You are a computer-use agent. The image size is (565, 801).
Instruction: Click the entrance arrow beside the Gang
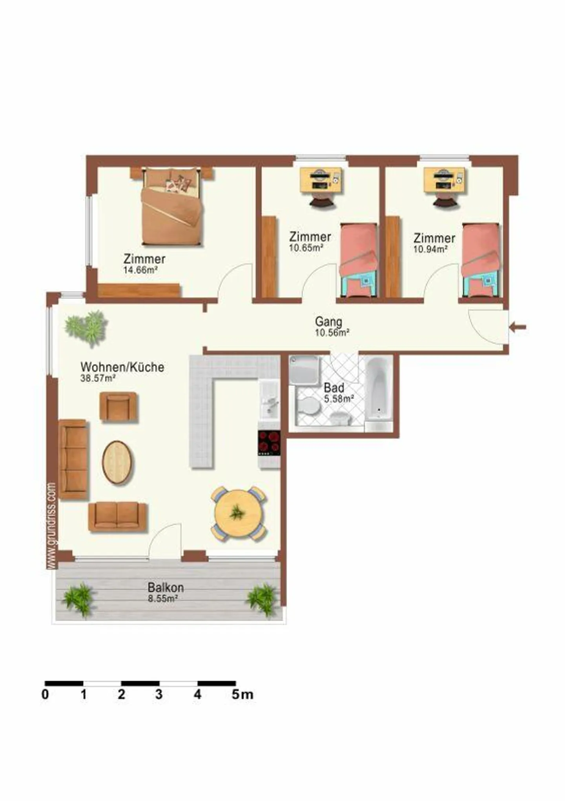[x=518, y=327]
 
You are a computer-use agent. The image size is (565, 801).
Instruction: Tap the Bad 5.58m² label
[x=338, y=393]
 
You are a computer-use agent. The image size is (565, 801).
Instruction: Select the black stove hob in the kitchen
[x=269, y=443]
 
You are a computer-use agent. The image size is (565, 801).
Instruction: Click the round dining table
[x=238, y=514]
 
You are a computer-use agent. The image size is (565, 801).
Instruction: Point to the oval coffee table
[x=117, y=463]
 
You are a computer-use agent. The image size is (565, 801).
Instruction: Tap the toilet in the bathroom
[x=308, y=406]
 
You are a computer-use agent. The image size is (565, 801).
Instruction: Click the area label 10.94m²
[x=431, y=249]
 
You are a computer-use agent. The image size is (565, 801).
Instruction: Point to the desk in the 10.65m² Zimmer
[x=321, y=180]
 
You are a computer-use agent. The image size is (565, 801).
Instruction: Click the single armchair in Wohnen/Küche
[x=118, y=407]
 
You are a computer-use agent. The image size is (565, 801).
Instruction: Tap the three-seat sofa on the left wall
[x=73, y=459]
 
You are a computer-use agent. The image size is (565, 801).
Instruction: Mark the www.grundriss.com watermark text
[x=51, y=525]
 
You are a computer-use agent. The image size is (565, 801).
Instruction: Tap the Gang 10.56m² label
[x=331, y=327]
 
